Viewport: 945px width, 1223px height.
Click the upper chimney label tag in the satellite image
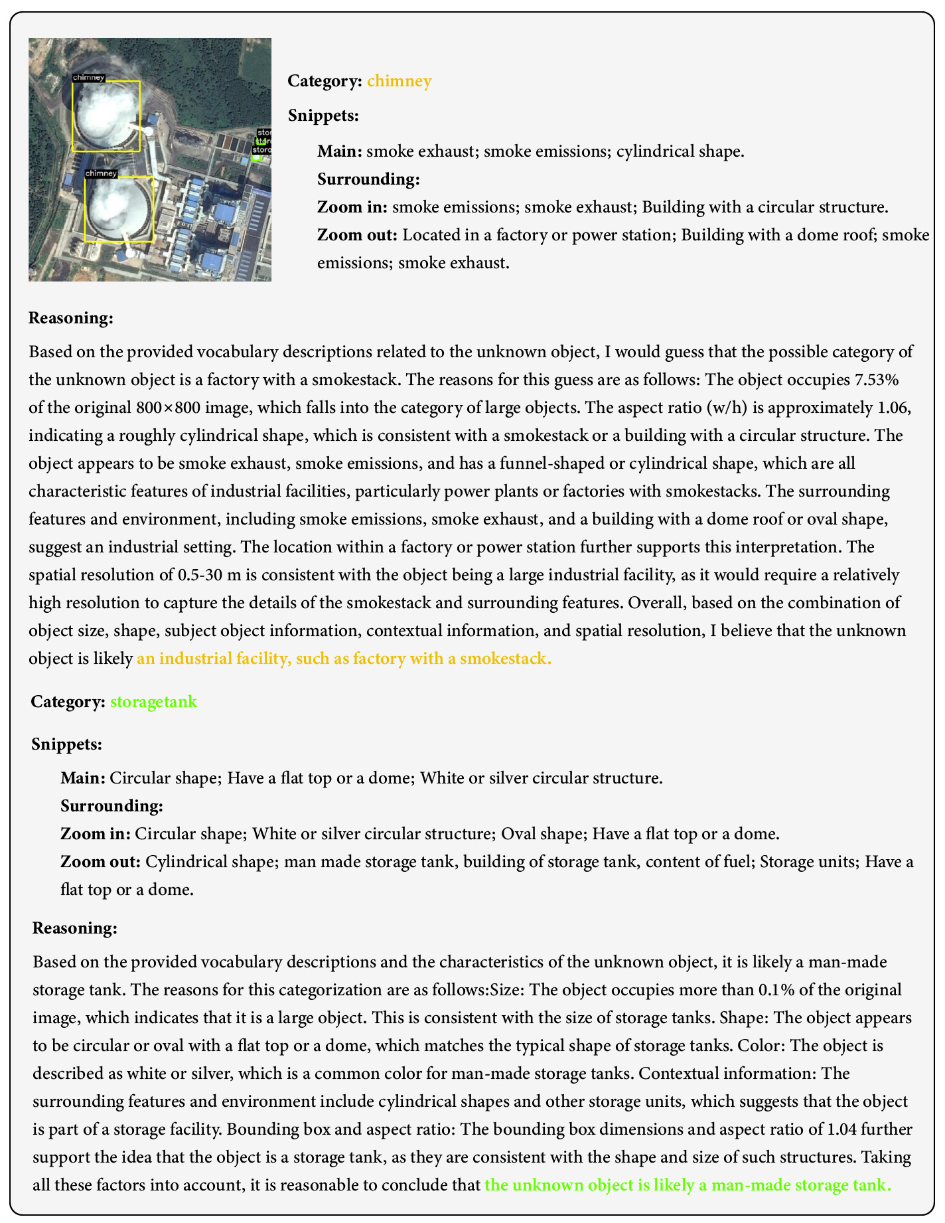pyautogui.click(x=88, y=78)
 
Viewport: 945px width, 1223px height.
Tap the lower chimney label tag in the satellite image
pyautogui.click(x=101, y=173)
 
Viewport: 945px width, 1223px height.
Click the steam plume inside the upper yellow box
pyautogui.click(x=105, y=114)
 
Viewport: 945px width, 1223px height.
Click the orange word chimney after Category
pyautogui.click(x=399, y=81)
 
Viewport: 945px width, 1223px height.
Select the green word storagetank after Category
pyautogui.click(x=153, y=702)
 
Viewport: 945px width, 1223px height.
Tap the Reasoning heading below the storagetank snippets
pyautogui.click(x=75, y=928)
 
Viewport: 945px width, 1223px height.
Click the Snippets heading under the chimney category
pyautogui.click(x=323, y=116)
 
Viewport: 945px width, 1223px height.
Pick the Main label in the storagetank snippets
pyautogui.click(x=82, y=778)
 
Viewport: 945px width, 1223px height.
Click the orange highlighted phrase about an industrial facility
pyautogui.click(x=344, y=659)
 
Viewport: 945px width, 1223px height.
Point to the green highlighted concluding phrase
pyautogui.click(x=688, y=1185)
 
